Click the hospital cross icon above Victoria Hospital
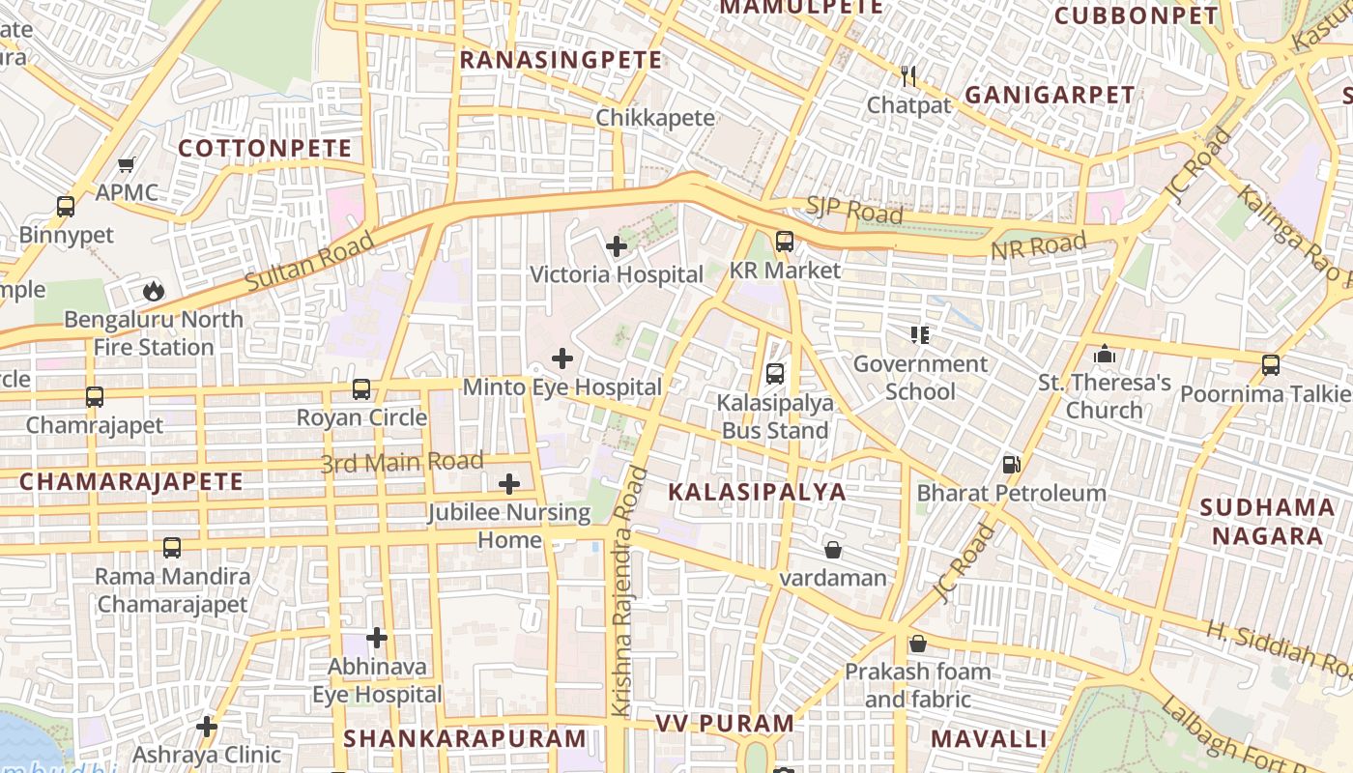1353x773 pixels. coord(617,246)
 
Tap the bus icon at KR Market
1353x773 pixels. coord(785,242)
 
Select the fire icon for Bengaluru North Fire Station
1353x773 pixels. coord(153,290)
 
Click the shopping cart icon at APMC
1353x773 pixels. coord(127,164)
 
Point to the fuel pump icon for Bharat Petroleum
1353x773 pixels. coord(1011,465)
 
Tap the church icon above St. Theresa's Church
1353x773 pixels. coord(1105,355)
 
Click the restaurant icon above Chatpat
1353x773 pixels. coord(907,76)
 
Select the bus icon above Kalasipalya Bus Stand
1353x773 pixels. coord(774,373)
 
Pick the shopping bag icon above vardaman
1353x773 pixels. coord(832,550)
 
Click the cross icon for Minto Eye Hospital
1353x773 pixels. coord(561,358)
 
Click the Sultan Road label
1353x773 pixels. coord(309,262)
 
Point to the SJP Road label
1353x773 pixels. coord(854,210)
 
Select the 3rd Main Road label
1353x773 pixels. coord(401,463)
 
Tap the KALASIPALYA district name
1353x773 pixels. coord(757,491)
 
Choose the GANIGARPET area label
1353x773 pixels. coord(1050,95)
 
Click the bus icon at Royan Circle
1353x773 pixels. coord(361,389)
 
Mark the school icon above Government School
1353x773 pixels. coord(920,335)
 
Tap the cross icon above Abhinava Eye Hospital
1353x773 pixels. coord(377,638)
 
